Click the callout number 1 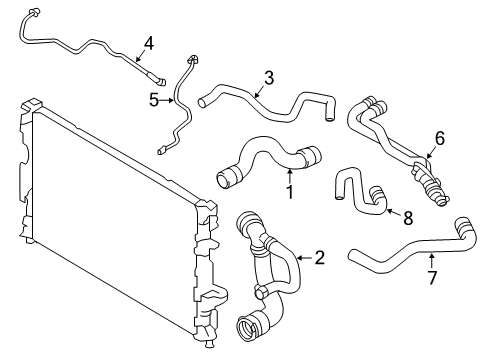[x=290, y=191]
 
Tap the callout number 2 [x=320, y=258]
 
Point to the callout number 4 [x=148, y=42]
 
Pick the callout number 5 [x=153, y=99]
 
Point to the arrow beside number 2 [x=303, y=258]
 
